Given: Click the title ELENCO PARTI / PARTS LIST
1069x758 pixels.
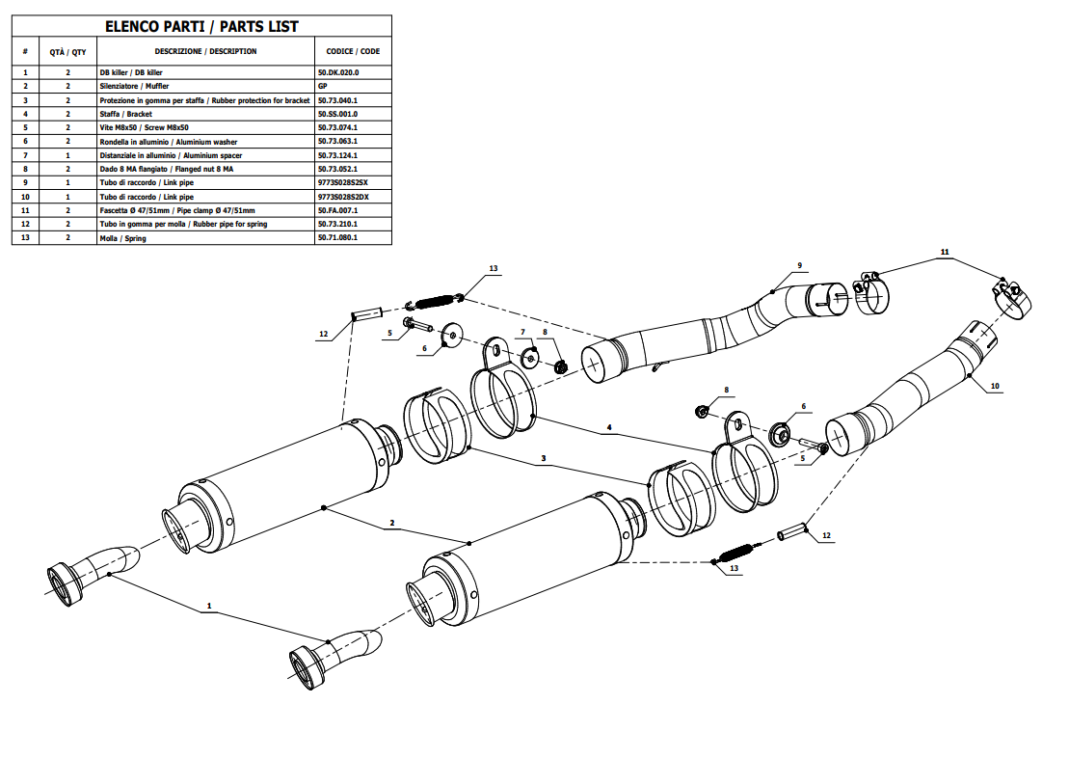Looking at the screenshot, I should pos(201,27).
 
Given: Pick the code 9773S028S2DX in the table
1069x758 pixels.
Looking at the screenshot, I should pos(342,197).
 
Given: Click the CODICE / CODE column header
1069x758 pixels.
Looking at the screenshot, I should pos(353,51).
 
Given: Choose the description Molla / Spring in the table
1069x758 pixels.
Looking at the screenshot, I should pos(123,238).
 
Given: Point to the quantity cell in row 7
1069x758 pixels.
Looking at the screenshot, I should pos(67,155).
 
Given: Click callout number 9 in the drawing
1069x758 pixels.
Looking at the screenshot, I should pos(799,265).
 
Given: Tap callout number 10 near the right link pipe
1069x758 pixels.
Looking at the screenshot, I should pos(995,386).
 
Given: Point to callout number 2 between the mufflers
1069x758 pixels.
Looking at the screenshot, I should pos(392,524).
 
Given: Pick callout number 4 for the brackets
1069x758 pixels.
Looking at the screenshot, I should pos(608,426).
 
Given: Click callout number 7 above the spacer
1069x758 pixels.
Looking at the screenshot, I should pos(522,333).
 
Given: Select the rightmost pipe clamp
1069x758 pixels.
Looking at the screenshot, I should pos(1008,296).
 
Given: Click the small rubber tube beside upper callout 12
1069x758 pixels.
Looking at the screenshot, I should pos(367,313).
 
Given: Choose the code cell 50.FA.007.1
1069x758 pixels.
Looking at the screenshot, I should pos(337,210).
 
